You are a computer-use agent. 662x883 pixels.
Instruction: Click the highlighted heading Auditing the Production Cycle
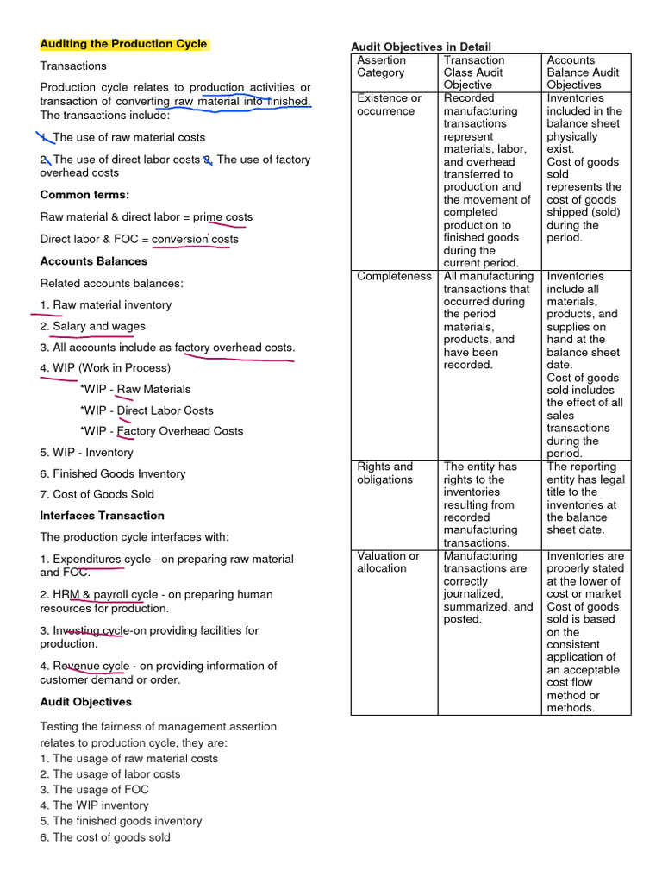[123, 44]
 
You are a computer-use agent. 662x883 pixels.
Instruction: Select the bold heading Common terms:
[84, 195]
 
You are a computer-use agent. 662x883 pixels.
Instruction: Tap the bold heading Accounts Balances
[94, 261]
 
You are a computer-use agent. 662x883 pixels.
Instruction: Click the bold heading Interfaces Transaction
[102, 516]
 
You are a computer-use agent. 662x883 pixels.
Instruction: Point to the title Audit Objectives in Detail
[421, 47]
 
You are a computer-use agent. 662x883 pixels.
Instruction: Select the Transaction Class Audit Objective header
[473, 72]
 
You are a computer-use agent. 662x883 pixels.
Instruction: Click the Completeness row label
[394, 277]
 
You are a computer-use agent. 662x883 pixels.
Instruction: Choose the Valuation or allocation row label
[388, 562]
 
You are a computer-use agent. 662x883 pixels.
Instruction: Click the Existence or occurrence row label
[390, 104]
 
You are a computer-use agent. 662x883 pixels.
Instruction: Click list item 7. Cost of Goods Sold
[97, 494]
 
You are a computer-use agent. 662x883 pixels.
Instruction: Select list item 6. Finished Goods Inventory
[112, 473]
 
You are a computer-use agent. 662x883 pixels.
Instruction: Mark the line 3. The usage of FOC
[94, 790]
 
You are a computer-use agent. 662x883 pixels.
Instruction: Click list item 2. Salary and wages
[92, 326]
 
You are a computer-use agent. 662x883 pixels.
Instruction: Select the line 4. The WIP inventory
[94, 805]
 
